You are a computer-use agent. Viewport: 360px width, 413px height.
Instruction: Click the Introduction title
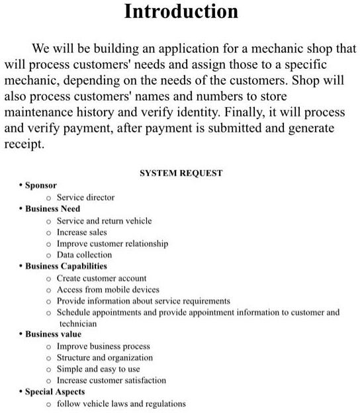[181, 12]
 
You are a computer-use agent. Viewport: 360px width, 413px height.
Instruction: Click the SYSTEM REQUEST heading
[181, 173]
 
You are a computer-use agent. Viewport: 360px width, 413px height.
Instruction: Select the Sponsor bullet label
[41, 185]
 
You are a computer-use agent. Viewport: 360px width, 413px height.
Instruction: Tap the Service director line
[85, 197]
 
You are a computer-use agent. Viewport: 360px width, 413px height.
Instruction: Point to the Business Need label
[53, 208]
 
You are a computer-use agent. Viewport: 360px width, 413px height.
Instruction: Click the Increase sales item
[81, 232]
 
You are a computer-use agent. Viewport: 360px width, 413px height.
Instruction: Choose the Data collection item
[84, 255]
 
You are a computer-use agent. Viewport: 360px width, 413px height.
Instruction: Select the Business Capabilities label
[66, 266]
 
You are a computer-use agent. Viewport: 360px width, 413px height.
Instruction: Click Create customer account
[101, 278]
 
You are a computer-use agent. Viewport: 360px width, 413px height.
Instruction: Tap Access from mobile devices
[108, 289]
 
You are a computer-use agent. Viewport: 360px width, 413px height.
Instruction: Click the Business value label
[54, 334]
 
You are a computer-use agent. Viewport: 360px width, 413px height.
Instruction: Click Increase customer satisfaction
[111, 381]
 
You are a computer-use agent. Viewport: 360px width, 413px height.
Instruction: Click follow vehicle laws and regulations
[121, 403]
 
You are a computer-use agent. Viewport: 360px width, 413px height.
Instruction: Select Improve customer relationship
[112, 244]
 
